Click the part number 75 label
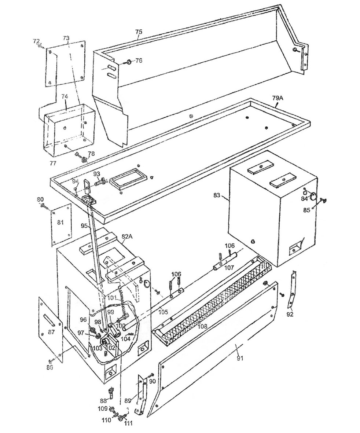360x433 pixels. click(139, 32)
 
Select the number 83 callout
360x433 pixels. click(217, 195)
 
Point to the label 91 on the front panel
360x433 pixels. click(240, 358)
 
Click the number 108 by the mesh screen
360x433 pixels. click(203, 326)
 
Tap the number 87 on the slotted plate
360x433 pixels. click(51, 332)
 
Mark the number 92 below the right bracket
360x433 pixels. click(290, 314)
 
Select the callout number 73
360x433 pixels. click(66, 38)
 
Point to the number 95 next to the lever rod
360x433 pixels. click(85, 225)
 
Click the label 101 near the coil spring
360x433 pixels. click(112, 298)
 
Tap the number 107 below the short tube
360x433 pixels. click(229, 267)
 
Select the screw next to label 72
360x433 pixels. click(41, 47)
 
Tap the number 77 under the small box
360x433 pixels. click(53, 163)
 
